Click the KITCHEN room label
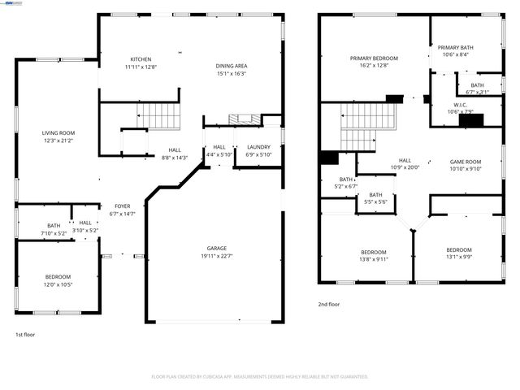point(141,59)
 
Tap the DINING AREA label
point(232,66)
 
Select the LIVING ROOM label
point(58,132)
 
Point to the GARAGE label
point(216,248)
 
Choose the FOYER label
point(121,206)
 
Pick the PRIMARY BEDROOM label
point(374,58)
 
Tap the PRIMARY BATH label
point(455,48)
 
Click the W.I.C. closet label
point(460,105)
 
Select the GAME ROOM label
point(466,162)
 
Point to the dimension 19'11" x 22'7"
point(216,256)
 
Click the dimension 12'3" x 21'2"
point(58,141)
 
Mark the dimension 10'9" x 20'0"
point(405,167)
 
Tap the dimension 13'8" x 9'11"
point(374,259)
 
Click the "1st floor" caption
point(25,334)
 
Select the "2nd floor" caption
point(329,304)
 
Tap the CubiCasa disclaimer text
point(260,376)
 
